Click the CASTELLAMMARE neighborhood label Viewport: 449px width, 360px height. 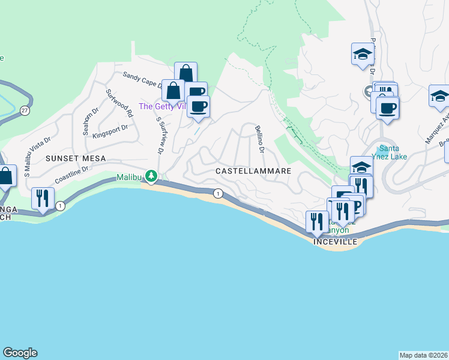coord(253,171)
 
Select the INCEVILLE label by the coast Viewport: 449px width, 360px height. coord(335,242)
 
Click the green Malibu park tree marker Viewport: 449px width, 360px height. coord(152,176)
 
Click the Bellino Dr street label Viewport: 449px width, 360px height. coord(260,138)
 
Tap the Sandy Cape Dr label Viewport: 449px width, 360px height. coord(143,80)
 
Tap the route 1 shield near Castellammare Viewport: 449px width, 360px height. coord(218,193)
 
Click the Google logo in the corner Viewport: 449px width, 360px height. coord(20,353)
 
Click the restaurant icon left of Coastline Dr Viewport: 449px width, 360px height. coord(43,198)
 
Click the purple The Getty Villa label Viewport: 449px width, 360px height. coord(162,106)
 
